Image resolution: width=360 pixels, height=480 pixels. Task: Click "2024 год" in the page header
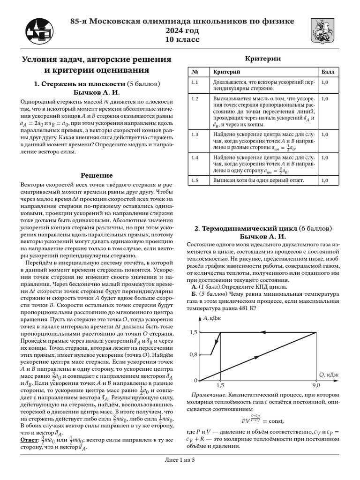[x=182, y=30]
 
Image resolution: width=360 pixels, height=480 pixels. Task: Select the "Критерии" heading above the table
[x=263, y=59]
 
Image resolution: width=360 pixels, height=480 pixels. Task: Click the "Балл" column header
[x=328, y=72]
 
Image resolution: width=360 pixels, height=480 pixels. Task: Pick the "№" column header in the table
[x=194, y=72]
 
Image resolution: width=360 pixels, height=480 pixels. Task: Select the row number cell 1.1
[x=195, y=82]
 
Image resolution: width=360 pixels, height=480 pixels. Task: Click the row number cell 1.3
[x=195, y=135]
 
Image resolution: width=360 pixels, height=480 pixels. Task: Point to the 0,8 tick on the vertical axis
[x=193, y=354]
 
